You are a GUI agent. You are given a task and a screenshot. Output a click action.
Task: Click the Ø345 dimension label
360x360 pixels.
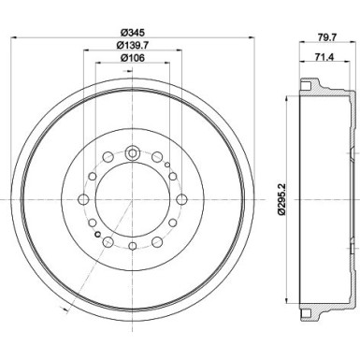131,31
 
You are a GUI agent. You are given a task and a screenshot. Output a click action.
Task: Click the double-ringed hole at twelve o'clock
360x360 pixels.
131,152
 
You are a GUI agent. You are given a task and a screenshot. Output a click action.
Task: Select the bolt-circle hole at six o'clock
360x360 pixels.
131,247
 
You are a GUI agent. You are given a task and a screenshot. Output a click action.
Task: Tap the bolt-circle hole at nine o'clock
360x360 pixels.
83,199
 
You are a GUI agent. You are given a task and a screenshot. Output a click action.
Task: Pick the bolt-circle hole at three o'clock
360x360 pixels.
179,199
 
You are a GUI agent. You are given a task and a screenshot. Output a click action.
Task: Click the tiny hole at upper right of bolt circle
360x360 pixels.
167,166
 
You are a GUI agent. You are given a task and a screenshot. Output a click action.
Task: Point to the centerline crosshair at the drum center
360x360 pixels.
131,199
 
